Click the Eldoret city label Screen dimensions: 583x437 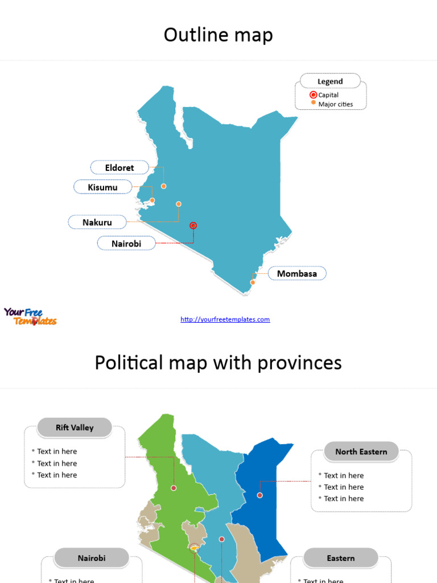click(119, 167)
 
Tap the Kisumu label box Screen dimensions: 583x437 click(103, 187)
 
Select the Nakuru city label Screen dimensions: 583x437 click(97, 222)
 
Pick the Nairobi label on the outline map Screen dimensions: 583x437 click(126, 244)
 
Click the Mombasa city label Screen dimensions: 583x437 click(297, 273)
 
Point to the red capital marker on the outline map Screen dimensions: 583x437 click(193, 225)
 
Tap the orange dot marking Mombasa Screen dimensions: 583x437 click(253, 282)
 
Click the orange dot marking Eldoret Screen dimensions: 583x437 click(163, 186)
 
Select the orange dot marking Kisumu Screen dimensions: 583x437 click(152, 200)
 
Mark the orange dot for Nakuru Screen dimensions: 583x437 click(179, 204)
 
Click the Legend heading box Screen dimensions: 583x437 click(330, 81)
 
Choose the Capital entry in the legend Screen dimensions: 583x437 click(328, 95)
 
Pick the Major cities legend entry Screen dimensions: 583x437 click(335, 104)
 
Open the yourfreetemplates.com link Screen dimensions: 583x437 click(225, 319)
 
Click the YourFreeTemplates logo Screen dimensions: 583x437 click(30, 316)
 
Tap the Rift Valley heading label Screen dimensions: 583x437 click(75, 428)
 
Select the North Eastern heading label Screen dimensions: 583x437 click(361, 451)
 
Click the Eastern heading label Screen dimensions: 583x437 click(341, 559)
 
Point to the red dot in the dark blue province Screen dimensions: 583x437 click(260, 495)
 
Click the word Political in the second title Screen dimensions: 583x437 click(127, 363)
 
